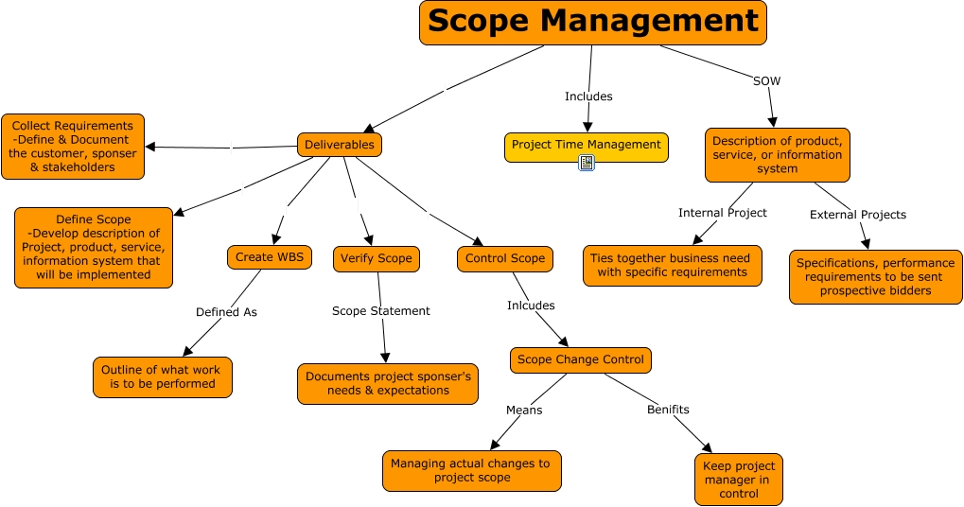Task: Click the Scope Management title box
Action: (x=592, y=23)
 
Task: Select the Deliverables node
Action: (x=341, y=145)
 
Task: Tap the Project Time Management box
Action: (x=586, y=146)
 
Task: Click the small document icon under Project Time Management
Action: (x=587, y=163)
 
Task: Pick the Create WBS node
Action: (x=269, y=257)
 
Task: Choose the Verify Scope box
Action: (x=376, y=258)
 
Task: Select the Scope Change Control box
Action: (x=581, y=359)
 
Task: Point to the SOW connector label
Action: (x=766, y=81)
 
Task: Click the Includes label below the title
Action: (x=588, y=96)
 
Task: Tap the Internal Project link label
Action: (x=723, y=213)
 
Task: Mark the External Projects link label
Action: (x=857, y=215)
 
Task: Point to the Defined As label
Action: (x=226, y=311)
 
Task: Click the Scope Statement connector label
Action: (x=380, y=310)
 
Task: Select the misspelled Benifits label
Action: (x=668, y=410)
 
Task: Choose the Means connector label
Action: (x=523, y=410)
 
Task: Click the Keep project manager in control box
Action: (x=739, y=480)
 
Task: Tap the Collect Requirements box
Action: (x=73, y=147)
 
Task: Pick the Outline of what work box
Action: (x=162, y=376)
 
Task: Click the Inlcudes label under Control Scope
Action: (x=531, y=306)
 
